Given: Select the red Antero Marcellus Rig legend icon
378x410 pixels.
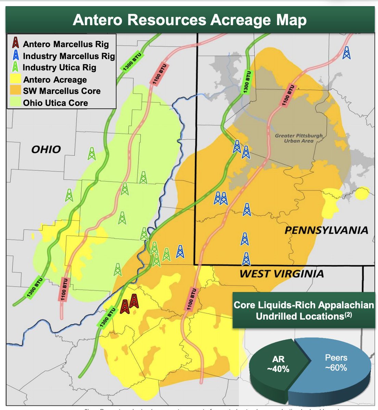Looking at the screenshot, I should point(15,43).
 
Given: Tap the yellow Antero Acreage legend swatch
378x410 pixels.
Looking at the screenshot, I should point(15,80).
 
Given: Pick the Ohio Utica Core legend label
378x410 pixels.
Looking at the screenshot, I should point(55,103).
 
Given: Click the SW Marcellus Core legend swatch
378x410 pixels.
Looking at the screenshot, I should point(15,91).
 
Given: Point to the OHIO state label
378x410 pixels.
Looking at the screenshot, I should point(46,149).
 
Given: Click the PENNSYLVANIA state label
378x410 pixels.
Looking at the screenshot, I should point(326,230).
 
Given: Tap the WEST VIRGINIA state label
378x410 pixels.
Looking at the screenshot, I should point(281,274).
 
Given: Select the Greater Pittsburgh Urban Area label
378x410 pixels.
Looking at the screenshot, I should point(299,138).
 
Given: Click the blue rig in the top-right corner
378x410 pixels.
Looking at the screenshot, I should point(346,53).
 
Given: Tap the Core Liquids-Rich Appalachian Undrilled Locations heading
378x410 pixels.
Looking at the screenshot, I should point(303,310).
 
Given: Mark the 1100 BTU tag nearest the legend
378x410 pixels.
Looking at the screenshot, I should point(158,74).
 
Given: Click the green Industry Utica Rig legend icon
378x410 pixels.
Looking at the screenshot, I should point(15,67).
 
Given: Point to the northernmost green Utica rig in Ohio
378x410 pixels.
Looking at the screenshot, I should point(91,154).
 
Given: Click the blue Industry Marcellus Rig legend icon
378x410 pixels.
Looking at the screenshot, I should point(15,55).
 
